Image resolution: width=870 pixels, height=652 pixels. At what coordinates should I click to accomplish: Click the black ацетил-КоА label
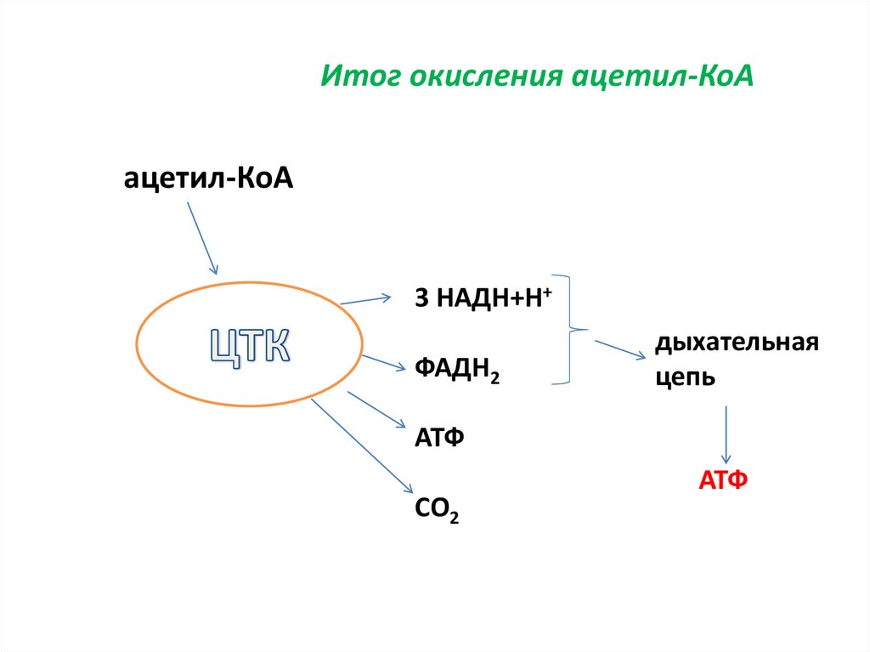[208, 179]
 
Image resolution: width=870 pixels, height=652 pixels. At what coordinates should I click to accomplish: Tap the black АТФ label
[439, 438]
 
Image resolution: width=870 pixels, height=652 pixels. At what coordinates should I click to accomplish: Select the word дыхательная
[736, 343]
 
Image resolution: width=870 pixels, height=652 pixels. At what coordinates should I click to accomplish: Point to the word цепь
[685, 378]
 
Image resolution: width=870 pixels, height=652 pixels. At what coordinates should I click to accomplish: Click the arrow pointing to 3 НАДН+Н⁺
[365, 299]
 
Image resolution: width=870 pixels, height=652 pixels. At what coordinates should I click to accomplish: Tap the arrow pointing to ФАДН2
[383, 361]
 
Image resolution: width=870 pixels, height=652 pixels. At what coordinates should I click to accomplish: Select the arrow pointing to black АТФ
[376, 409]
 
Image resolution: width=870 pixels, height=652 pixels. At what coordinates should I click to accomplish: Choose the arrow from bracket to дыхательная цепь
[619, 349]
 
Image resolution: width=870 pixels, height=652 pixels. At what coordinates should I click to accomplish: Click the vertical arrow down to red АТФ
[725, 434]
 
